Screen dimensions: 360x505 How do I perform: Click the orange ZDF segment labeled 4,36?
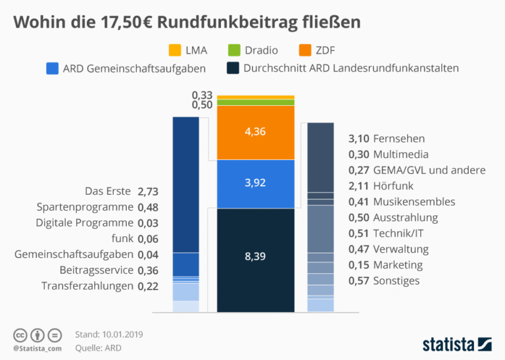coord(255,132)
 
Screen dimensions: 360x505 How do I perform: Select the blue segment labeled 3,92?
coord(255,183)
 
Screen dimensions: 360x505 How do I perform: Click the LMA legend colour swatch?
coord(174,51)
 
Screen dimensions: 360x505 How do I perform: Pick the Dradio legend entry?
coord(252,51)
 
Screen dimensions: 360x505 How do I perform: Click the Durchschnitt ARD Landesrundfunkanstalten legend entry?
coord(341,68)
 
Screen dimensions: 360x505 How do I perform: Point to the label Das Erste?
coord(108,192)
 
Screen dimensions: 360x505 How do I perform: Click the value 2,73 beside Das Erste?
coord(149,192)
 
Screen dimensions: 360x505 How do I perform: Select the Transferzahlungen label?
coord(87,286)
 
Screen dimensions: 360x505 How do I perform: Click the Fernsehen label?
coord(398,139)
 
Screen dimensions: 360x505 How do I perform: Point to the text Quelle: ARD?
coord(99,347)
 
